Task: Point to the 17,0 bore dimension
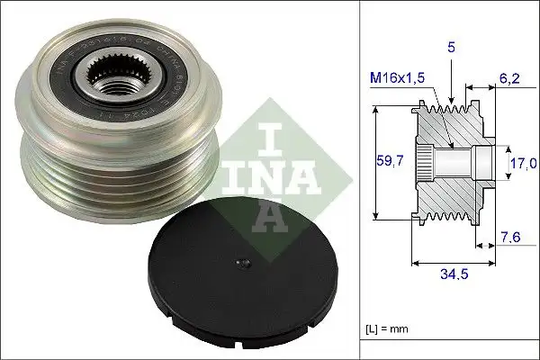click(x=521, y=165)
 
